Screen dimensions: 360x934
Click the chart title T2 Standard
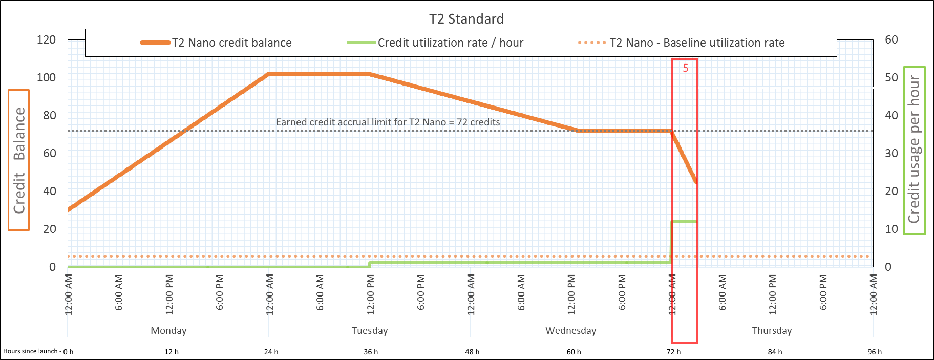(466, 19)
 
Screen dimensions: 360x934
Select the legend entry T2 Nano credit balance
(231, 43)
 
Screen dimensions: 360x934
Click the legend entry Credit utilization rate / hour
(450, 43)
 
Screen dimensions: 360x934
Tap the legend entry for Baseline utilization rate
(696, 43)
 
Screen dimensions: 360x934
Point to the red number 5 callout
(685, 68)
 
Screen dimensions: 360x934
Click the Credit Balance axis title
(19, 160)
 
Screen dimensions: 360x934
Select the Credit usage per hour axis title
(914, 150)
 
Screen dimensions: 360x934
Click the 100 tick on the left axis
(46, 77)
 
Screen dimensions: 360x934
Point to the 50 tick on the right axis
(891, 77)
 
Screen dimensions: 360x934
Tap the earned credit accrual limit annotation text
(388, 122)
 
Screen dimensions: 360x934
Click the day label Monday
(168, 330)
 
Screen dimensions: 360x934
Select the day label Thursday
(772, 330)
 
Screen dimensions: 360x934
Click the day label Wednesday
(570, 330)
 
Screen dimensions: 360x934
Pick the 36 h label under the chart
(371, 352)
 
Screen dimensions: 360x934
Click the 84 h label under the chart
(775, 352)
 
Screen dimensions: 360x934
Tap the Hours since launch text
(31, 351)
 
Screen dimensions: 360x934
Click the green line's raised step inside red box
(684, 222)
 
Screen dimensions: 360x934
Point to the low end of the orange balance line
(695, 181)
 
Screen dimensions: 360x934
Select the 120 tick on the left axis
(46, 39)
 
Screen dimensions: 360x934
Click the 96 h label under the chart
(875, 352)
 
